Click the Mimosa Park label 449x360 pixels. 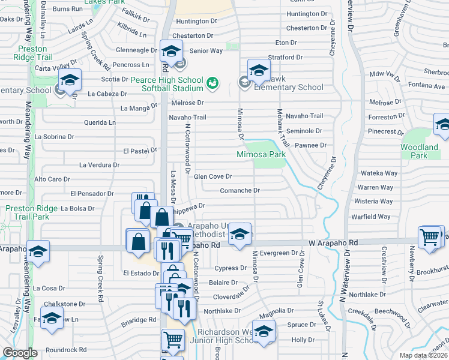tap(261, 154)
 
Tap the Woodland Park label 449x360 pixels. tap(420, 151)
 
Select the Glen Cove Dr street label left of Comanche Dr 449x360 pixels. tap(212, 176)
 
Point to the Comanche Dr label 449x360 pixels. tap(240, 190)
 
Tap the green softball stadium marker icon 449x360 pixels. tap(212, 83)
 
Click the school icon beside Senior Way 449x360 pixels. tap(171, 51)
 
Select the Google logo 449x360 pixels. tap(20, 353)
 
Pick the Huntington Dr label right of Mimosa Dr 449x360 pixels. tap(308, 14)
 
